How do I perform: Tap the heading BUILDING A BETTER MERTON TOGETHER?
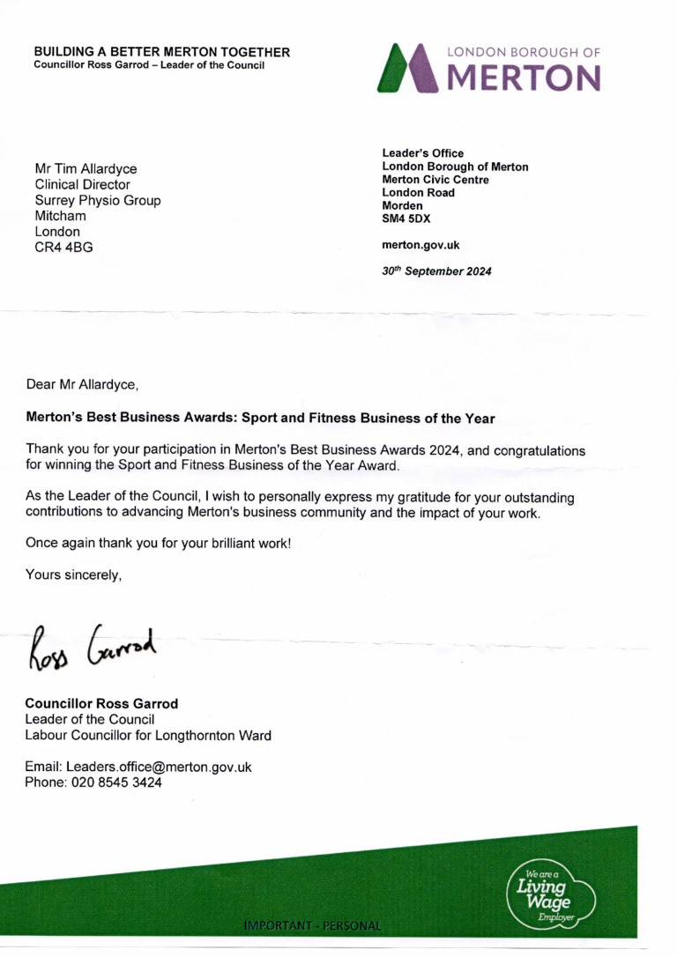[x=161, y=52]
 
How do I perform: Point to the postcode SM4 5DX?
[x=406, y=219]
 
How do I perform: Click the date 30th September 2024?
[x=436, y=271]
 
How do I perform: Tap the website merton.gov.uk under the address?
[x=420, y=245]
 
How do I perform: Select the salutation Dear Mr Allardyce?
[x=82, y=384]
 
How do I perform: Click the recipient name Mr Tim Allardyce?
[x=86, y=168]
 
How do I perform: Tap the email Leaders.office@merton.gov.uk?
[x=165, y=767]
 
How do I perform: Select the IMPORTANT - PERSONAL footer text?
[x=315, y=926]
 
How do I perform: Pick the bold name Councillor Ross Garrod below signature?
[x=101, y=703]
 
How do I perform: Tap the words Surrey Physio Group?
[x=97, y=200]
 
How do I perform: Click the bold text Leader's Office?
[x=422, y=153]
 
